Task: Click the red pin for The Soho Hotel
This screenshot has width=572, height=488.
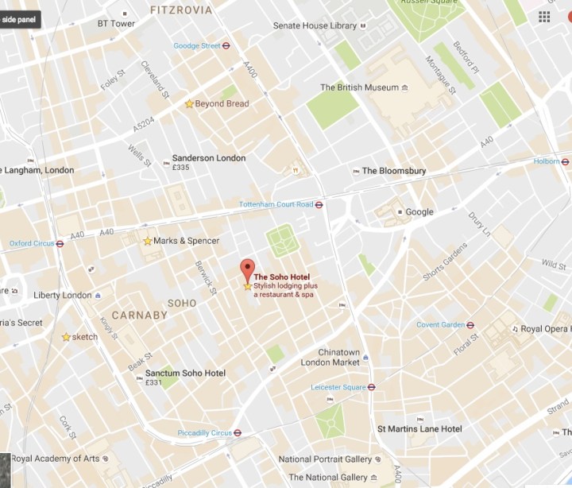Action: (x=247, y=269)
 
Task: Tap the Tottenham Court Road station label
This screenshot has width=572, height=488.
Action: (x=276, y=204)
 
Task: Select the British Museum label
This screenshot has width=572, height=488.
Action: (x=359, y=87)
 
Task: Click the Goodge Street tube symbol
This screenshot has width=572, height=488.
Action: (x=226, y=46)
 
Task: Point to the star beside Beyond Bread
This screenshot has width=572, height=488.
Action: (x=189, y=104)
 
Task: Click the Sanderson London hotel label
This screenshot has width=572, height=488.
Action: (x=209, y=158)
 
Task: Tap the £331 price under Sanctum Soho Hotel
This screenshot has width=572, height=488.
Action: (x=154, y=383)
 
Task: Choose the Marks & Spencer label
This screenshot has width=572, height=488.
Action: (x=186, y=241)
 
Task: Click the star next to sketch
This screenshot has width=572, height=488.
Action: (x=66, y=337)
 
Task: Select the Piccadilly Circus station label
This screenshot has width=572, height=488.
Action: (x=204, y=433)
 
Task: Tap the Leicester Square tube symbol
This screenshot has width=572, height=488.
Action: (x=371, y=388)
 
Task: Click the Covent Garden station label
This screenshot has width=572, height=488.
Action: (x=440, y=324)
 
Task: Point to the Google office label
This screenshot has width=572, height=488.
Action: (x=419, y=212)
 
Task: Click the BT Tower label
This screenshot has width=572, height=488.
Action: (x=116, y=24)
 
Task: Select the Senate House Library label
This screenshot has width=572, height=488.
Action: (x=315, y=26)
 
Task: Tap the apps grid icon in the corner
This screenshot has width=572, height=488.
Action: (x=544, y=17)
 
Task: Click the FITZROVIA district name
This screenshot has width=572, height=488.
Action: (x=181, y=10)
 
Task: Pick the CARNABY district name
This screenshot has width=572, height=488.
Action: (x=140, y=316)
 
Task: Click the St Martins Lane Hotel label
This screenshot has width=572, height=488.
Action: (x=419, y=429)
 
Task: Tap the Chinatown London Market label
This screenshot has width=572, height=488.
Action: (x=330, y=358)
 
